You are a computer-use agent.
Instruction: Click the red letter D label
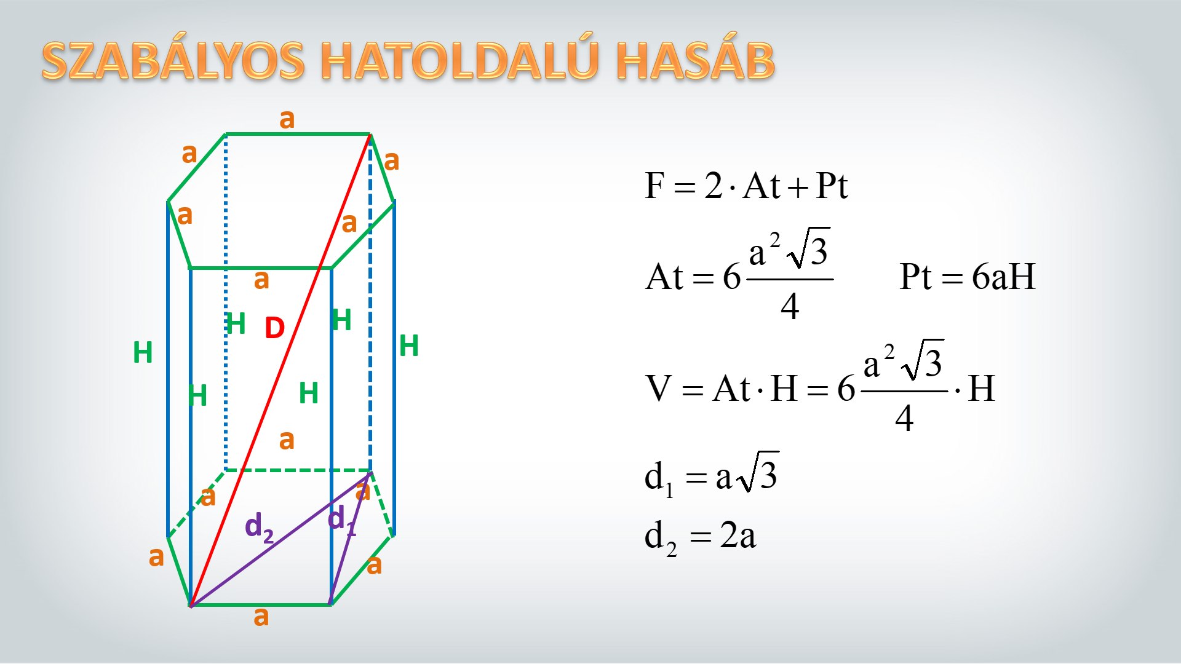pyautogui.click(x=274, y=328)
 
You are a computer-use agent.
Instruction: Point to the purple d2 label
pyautogui.click(x=259, y=528)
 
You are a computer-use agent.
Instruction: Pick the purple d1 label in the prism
pyautogui.click(x=341, y=520)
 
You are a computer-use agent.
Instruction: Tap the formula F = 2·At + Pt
pyautogui.click(x=746, y=185)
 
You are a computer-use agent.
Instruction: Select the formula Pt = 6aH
pyautogui.click(x=968, y=277)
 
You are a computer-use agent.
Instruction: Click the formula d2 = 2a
pyautogui.click(x=700, y=537)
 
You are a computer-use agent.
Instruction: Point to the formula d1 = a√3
pyautogui.click(x=712, y=474)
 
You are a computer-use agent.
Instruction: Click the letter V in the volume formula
pyautogui.click(x=659, y=389)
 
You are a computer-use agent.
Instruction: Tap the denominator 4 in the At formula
pyautogui.click(x=790, y=306)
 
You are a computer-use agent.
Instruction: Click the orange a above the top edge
pyautogui.click(x=287, y=119)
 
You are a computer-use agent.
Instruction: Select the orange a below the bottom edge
pyautogui.click(x=261, y=616)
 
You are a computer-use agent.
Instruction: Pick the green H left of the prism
pyautogui.click(x=143, y=353)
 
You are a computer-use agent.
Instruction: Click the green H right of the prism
pyautogui.click(x=409, y=346)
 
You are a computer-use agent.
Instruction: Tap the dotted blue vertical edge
pyautogui.click(x=226, y=302)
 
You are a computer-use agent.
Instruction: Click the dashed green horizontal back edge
pyautogui.click(x=298, y=471)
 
